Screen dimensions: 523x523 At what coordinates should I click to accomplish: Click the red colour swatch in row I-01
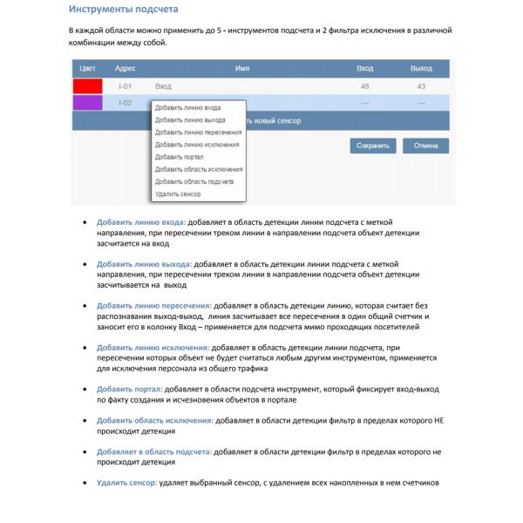coord(87,86)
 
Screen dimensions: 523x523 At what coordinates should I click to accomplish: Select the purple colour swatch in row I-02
coord(87,103)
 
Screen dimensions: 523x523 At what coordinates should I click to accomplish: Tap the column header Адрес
coord(125,68)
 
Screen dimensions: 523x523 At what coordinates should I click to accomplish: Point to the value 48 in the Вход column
coord(364,86)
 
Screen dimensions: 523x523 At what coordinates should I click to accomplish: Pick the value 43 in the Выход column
coord(421,86)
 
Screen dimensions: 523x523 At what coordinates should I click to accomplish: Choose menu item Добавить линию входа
coord(187,108)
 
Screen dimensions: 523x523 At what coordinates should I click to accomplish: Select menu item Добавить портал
coord(180,157)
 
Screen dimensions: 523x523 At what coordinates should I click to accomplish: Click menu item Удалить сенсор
coord(178,194)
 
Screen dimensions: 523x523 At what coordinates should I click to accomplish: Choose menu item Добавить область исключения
coord(199,169)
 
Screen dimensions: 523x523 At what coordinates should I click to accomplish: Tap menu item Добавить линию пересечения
coord(198,132)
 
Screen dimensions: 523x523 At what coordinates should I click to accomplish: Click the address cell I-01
coord(125,86)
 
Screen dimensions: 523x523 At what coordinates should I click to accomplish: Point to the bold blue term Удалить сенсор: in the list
coord(127,483)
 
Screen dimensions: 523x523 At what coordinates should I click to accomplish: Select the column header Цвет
coord(87,68)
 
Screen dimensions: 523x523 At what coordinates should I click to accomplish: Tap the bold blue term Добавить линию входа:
coord(141,221)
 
